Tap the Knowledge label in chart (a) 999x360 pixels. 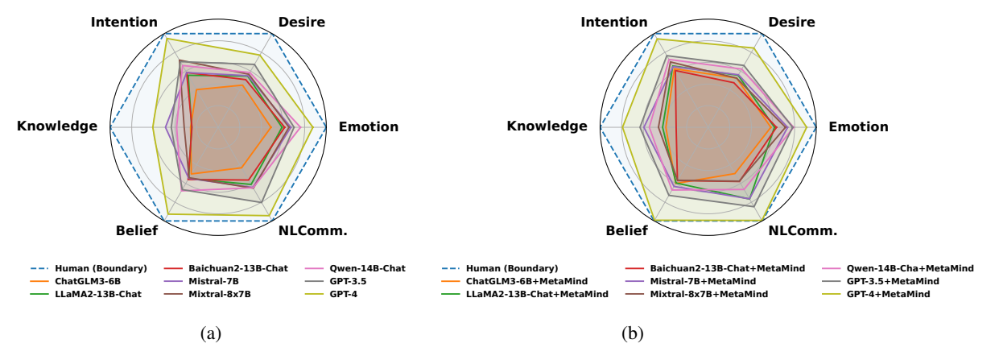tap(57, 126)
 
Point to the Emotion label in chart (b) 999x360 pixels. tap(858, 126)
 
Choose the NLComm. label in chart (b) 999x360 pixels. tap(803, 231)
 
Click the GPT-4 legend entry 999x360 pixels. tap(355, 295)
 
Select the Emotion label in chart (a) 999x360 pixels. tap(368, 126)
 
